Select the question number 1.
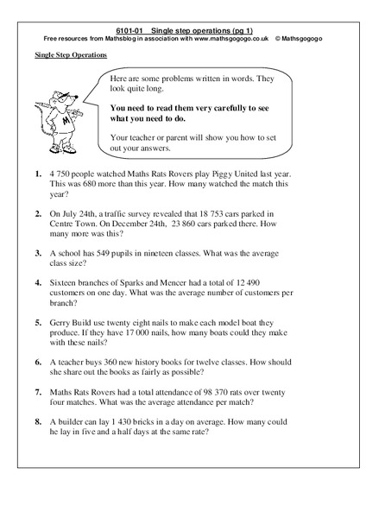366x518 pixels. click(x=40, y=174)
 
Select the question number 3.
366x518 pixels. click(x=40, y=255)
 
